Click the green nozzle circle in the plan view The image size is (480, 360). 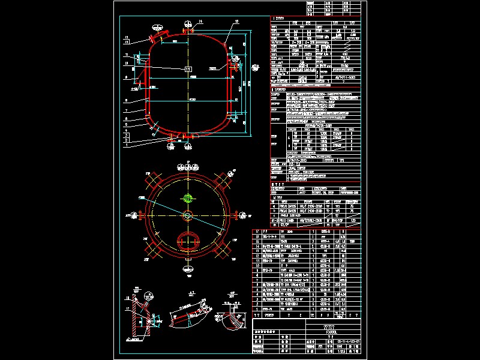tap(188, 198)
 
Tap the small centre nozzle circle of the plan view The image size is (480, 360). tap(188, 215)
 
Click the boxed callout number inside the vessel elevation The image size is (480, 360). tap(188, 70)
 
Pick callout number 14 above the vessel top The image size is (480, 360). tap(200, 22)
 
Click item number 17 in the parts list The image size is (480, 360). tap(257, 230)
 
